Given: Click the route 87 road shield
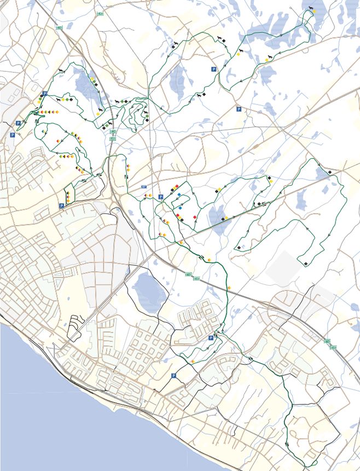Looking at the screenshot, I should pos(144,187).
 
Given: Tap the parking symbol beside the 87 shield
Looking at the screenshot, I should pos(160,197).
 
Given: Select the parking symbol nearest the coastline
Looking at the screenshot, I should pos(174,376).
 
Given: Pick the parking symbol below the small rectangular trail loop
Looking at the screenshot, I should pos(61,206).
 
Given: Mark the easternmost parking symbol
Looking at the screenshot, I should pos(239,110).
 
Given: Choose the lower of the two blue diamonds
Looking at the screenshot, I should pos(180,208).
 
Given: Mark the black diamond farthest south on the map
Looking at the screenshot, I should pos(305,264).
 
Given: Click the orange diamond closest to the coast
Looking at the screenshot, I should pos(193,362).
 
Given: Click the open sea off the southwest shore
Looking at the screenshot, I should pos(44,416).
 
